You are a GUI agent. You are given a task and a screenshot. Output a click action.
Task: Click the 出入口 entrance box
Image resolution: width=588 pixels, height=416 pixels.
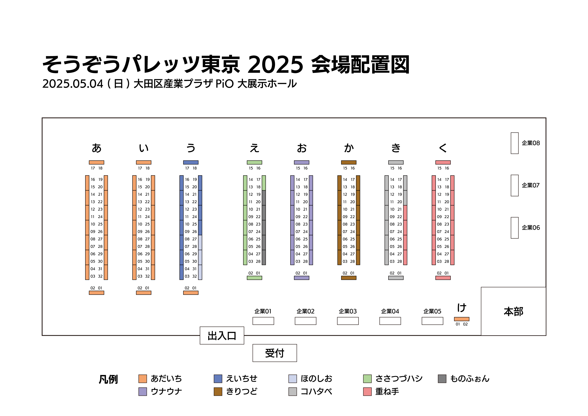pyautogui.click(x=222, y=336)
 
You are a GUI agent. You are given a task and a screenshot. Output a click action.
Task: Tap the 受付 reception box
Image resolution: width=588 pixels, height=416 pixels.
pyautogui.click(x=275, y=353)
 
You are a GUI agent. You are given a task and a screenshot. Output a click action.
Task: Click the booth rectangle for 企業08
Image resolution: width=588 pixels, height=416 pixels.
pyautogui.click(x=514, y=143)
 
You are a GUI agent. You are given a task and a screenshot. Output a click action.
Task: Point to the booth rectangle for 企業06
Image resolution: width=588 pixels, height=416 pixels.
pyautogui.click(x=514, y=228)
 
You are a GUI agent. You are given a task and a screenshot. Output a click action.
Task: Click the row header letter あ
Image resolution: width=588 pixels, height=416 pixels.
pyautogui.click(x=97, y=148)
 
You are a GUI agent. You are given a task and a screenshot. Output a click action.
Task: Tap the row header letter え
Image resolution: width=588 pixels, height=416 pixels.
pyautogui.click(x=254, y=148)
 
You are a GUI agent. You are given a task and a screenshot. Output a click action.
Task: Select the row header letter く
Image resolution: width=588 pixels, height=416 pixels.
pyautogui.click(x=443, y=148)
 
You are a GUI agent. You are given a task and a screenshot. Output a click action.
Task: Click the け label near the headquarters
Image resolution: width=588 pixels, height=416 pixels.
pyautogui.click(x=462, y=308)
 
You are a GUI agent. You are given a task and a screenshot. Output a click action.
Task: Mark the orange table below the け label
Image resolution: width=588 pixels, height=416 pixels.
pyautogui.click(x=461, y=319)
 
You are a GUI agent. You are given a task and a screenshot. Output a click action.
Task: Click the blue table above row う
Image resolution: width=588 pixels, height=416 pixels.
pyautogui.click(x=191, y=162)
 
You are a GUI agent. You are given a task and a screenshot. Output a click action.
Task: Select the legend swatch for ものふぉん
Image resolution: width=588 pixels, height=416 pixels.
pyautogui.click(x=442, y=379)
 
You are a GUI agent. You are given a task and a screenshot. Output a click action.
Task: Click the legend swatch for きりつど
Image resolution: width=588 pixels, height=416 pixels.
pyautogui.click(x=218, y=391)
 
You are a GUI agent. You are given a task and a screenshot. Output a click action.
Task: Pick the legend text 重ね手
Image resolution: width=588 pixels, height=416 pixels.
pyautogui.click(x=387, y=391)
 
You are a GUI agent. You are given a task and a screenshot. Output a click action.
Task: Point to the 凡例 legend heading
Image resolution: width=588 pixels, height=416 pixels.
pyautogui.click(x=108, y=379)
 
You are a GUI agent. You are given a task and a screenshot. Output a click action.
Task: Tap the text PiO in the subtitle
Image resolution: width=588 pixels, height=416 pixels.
pyautogui.click(x=224, y=84)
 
